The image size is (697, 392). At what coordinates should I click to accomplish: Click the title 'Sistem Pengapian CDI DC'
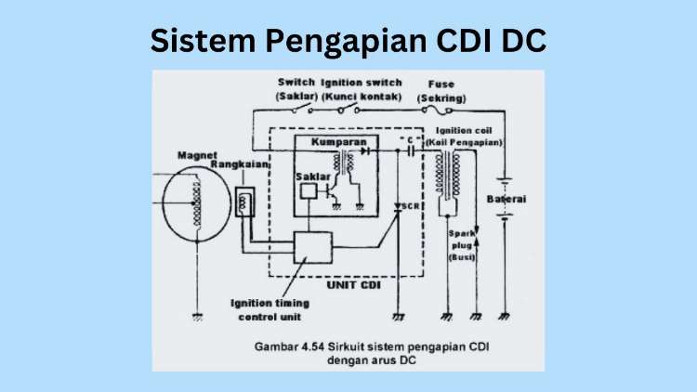(348, 40)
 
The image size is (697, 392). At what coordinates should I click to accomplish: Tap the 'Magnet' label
(196, 154)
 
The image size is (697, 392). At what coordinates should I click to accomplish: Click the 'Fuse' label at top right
(441, 84)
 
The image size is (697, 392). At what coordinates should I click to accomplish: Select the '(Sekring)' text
(442, 97)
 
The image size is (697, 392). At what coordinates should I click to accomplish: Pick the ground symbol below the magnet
(196, 316)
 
